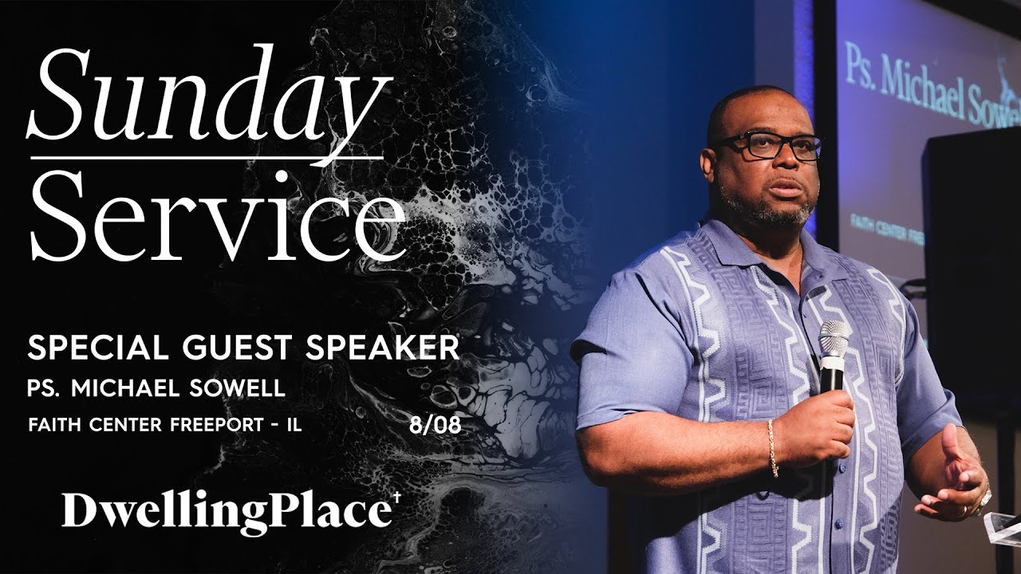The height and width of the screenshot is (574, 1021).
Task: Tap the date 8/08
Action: [x=435, y=424]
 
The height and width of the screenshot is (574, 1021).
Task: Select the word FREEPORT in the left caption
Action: [x=208, y=424]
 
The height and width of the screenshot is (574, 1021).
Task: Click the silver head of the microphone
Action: [x=834, y=338]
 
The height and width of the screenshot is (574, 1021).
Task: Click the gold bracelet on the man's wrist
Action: [x=772, y=447]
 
